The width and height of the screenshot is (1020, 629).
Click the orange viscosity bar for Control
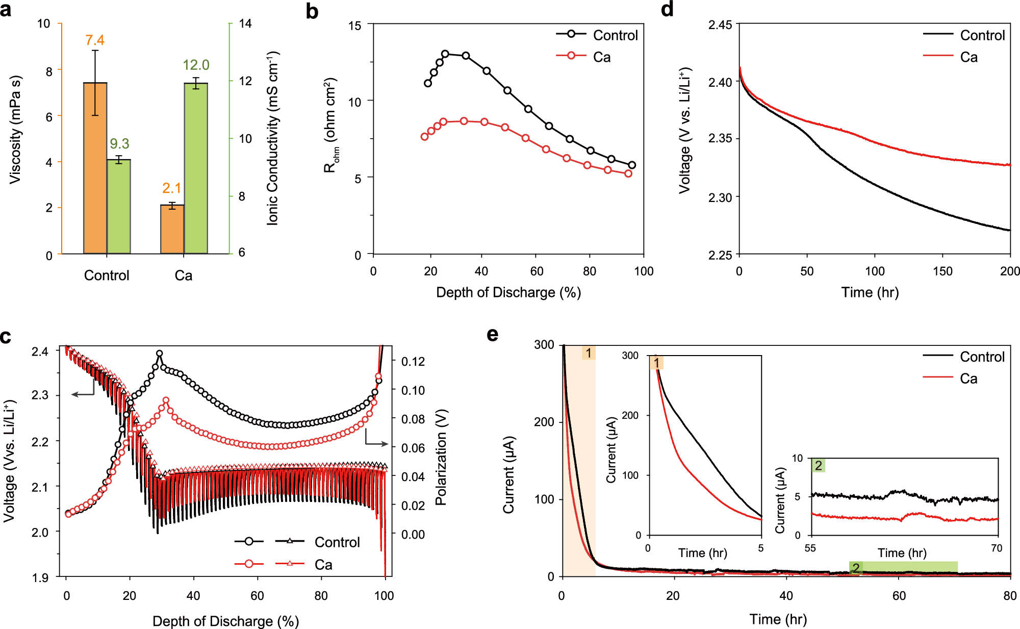click(95, 168)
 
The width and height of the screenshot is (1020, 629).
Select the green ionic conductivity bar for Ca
click(196, 168)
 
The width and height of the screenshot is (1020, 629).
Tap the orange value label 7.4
click(95, 40)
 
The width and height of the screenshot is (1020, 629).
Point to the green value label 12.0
click(196, 65)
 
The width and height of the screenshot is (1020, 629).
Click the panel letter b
click(312, 11)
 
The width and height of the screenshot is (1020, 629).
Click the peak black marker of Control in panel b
click(445, 54)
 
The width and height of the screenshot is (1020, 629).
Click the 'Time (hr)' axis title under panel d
click(870, 292)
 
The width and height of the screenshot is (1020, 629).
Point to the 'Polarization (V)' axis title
click(441, 457)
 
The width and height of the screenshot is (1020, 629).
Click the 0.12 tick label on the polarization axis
click(413, 362)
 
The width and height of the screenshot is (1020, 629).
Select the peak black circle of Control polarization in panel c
click(159, 353)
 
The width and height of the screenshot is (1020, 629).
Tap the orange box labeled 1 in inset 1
click(656, 363)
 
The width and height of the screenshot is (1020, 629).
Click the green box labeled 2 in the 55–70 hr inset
click(818, 465)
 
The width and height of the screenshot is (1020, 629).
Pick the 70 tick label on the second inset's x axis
click(997, 548)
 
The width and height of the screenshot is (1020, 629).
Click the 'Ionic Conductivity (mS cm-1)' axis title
click(273, 138)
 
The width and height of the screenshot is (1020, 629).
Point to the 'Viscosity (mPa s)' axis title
click(15, 130)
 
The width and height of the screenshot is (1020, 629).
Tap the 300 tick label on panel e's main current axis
click(544, 345)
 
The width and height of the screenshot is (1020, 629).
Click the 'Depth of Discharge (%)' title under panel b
click(508, 292)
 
